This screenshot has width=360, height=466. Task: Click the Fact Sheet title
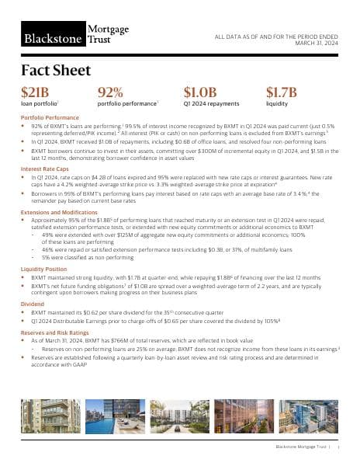(56, 71)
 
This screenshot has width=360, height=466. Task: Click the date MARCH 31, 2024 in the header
(319, 43)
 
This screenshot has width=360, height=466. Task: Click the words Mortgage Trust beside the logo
(109, 35)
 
